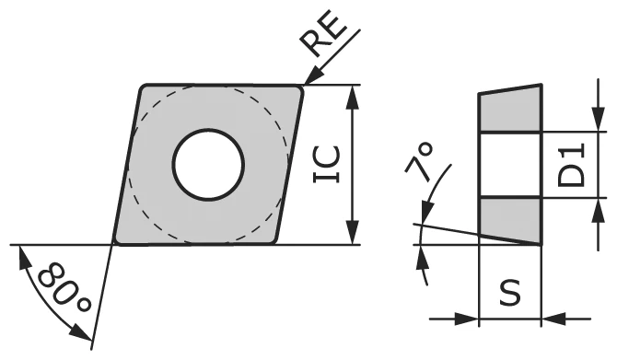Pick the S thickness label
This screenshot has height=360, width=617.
point(509,293)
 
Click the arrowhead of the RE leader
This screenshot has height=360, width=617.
point(309,81)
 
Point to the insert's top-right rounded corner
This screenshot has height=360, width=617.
point(299,89)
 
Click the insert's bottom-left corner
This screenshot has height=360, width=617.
point(117,241)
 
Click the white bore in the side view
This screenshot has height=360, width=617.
point(509,166)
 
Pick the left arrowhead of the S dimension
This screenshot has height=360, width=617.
point(470,319)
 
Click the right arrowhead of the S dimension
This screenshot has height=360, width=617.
point(551,319)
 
